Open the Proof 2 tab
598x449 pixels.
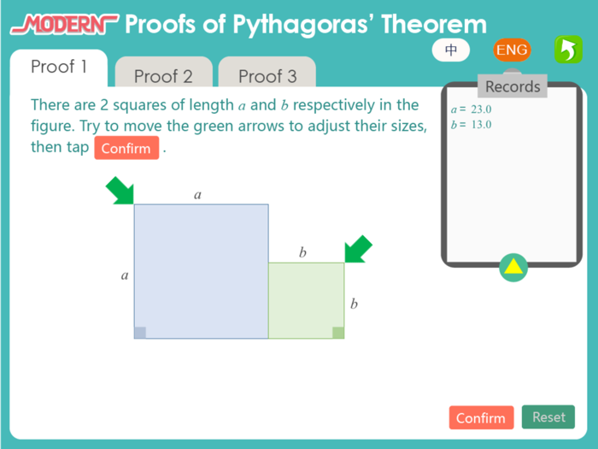tap(163, 76)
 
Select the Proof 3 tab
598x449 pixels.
tap(267, 76)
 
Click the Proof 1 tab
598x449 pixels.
tap(59, 67)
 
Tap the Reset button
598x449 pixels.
tap(548, 417)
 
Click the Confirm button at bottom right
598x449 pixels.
tap(481, 418)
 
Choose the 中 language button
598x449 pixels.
tap(452, 50)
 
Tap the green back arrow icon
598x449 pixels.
tap(566, 50)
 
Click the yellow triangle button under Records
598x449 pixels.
tap(513, 268)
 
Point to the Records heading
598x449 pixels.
tap(513, 86)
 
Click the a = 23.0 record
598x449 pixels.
tap(471, 109)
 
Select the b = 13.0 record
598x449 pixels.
tap(471, 125)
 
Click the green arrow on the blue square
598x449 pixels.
tap(120, 191)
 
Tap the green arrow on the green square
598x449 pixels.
tap(359, 249)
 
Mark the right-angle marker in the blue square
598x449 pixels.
tap(140, 333)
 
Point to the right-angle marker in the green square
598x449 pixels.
tap(338, 333)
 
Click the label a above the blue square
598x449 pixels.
tap(198, 195)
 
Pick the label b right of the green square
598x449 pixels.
tap(354, 304)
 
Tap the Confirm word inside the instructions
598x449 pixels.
tap(126, 149)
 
